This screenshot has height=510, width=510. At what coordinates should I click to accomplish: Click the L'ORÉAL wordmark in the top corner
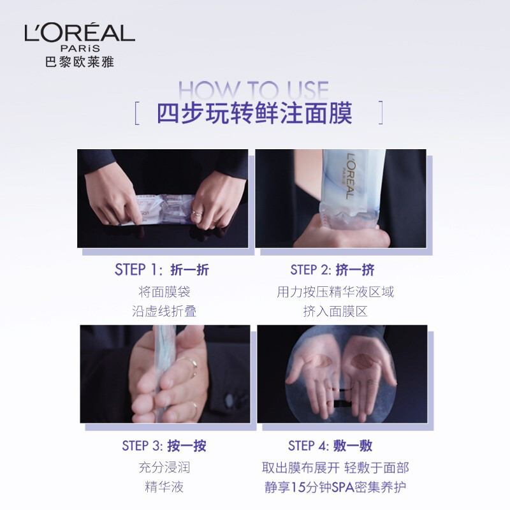pos(80,33)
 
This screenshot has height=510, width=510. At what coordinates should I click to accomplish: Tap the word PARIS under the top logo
pos(80,48)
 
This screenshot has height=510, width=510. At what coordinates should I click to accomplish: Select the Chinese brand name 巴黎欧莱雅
pos(80,61)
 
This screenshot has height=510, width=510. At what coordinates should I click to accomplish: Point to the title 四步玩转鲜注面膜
pos(254,113)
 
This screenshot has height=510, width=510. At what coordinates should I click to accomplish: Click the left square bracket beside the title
pos(137,113)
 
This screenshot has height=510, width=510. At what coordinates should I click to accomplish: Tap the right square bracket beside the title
pos(381,113)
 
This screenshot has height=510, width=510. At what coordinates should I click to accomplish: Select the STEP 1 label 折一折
pos(189,270)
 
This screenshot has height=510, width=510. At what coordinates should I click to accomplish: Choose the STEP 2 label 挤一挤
pos(355,270)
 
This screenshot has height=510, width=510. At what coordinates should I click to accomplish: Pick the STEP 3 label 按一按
pos(187,446)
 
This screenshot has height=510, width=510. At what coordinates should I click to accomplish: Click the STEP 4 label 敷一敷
pos(353,446)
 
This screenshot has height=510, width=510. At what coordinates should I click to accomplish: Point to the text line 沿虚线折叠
pos(164,311)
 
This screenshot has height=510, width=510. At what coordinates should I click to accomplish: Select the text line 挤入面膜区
pos(335,311)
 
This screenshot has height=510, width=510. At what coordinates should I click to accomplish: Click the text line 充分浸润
pos(164,467)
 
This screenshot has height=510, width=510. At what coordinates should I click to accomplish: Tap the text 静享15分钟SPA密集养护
pos(335,487)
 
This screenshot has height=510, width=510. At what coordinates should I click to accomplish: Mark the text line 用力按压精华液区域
pos(335,292)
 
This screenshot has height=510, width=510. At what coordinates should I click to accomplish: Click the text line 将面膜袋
pos(164,292)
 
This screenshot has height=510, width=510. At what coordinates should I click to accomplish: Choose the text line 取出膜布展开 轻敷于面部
pos(335,467)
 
